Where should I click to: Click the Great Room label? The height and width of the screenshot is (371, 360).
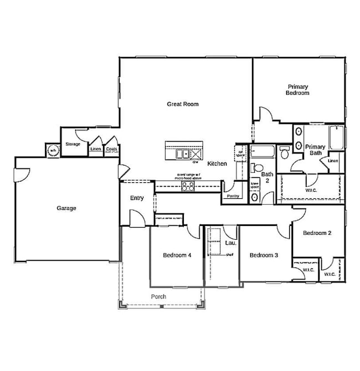tap(183, 104)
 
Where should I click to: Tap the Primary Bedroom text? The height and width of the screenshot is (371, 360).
tap(297, 90)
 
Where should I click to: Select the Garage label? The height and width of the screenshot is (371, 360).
tap(66, 208)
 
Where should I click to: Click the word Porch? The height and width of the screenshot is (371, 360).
tap(158, 296)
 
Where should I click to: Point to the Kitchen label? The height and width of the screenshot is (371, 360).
tap(217, 164)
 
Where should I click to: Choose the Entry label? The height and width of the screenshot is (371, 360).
tap(137, 198)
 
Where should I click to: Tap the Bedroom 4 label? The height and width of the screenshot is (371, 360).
tap(177, 255)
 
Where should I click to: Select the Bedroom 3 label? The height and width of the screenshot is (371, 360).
tap(263, 255)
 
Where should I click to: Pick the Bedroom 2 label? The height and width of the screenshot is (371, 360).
tap(317, 233)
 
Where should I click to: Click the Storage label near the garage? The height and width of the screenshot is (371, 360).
tap(73, 144)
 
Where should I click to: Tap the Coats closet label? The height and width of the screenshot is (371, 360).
tap(111, 149)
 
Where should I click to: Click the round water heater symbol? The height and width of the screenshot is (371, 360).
tap(53, 150)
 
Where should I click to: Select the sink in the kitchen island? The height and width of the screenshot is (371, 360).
tap(181, 153)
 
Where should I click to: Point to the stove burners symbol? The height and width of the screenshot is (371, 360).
tap(188, 186)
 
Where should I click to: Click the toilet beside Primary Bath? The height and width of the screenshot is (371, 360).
tap(284, 151)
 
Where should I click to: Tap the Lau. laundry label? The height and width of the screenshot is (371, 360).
tap(230, 243)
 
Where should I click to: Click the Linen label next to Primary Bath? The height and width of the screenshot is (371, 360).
tap(332, 161)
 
